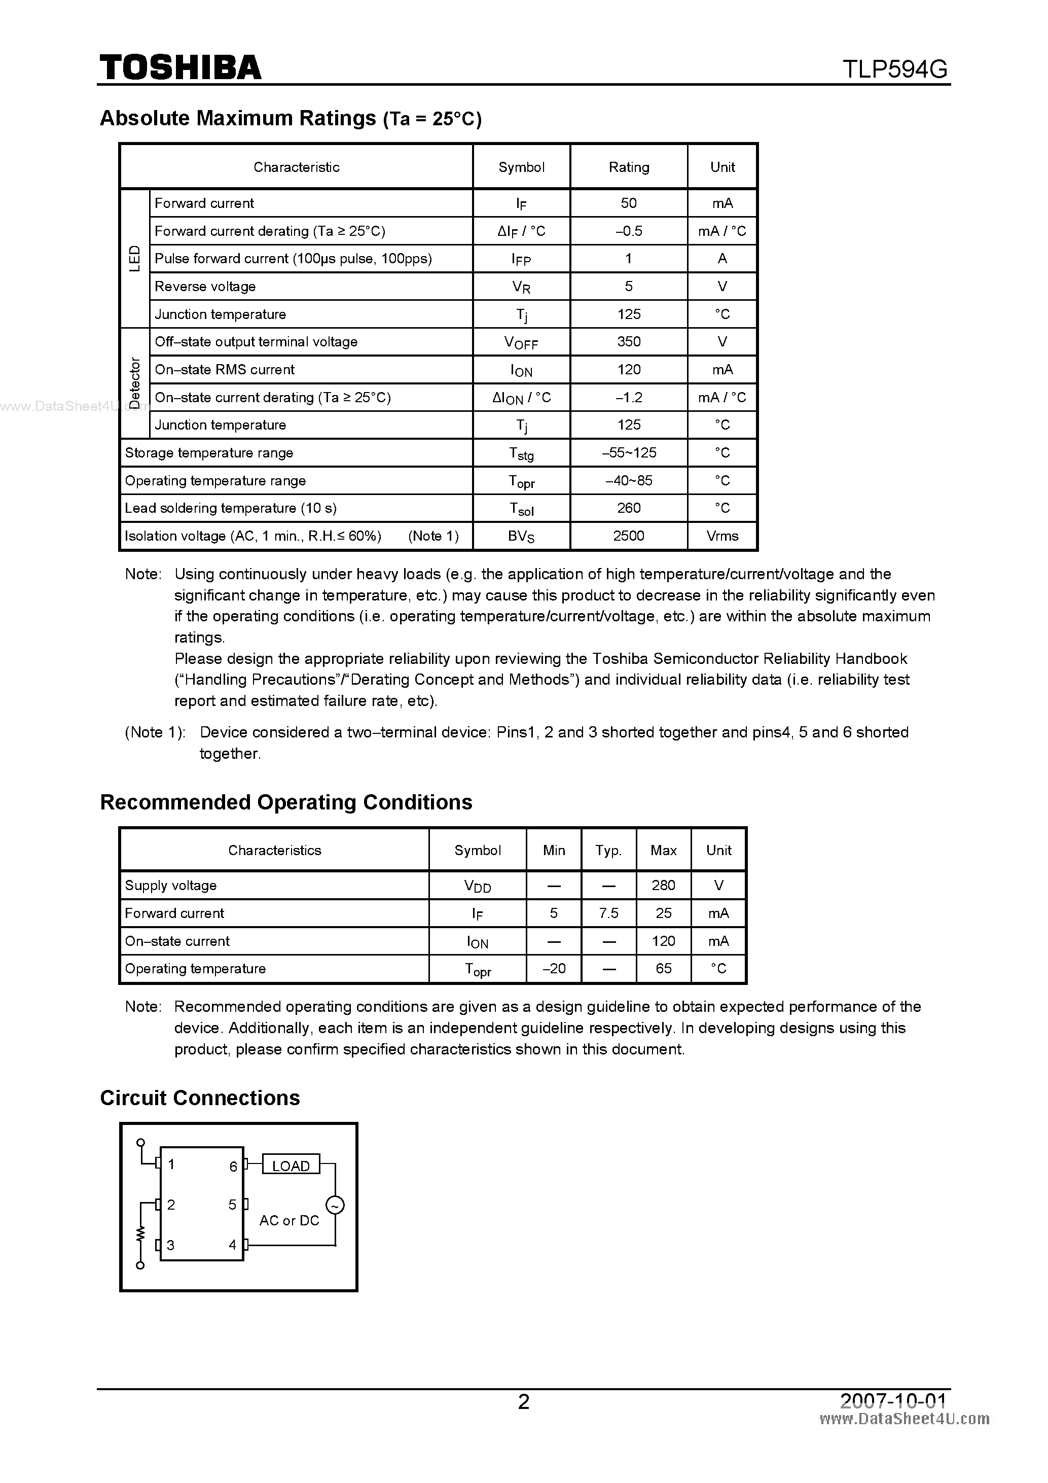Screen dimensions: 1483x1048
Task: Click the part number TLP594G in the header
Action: tap(894, 68)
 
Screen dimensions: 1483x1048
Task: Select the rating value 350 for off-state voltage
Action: tap(628, 342)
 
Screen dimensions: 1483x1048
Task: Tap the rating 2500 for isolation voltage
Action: tap(628, 536)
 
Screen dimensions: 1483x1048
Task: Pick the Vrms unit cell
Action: tap(722, 536)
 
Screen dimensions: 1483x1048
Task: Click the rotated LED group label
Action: tap(135, 258)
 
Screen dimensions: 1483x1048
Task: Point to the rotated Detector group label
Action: tap(135, 383)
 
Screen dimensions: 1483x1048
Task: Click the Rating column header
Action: tap(628, 167)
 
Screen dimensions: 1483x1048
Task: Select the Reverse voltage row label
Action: tap(205, 286)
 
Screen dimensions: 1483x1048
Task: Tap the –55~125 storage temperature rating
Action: tap(628, 453)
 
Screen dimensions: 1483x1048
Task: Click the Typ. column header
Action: tap(608, 850)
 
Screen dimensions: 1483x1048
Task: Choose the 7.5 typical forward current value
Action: tap(608, 912)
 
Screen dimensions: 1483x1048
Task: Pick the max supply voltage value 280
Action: tap(663, 885)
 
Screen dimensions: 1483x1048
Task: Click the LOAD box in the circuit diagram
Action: tap(291, 1166)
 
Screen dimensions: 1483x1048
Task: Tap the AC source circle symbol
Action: tap(335, 1205)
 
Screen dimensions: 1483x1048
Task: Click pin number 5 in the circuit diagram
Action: tap(232, 1205)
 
